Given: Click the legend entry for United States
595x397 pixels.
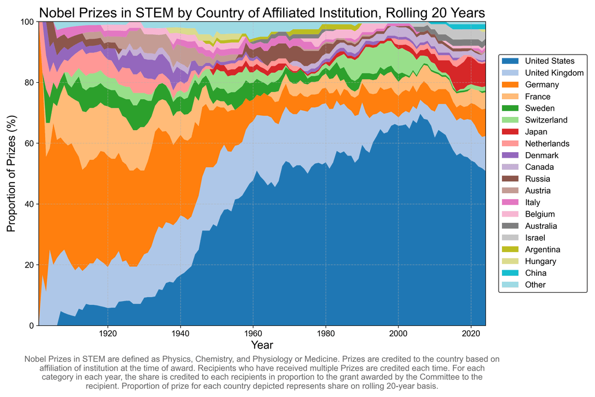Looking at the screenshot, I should pos(549,61).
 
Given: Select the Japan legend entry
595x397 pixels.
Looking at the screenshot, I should pos(535,132).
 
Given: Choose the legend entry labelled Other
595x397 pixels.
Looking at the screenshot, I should pos(535,285).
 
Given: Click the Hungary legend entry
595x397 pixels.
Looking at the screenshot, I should pos(540,261).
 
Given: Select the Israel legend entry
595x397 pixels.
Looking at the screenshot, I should pos(535,238).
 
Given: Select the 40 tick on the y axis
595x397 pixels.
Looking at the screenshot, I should pos(30,204).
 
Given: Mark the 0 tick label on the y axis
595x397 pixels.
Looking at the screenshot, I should pos(32,326).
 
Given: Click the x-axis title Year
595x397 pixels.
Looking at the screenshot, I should pos(261,346).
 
